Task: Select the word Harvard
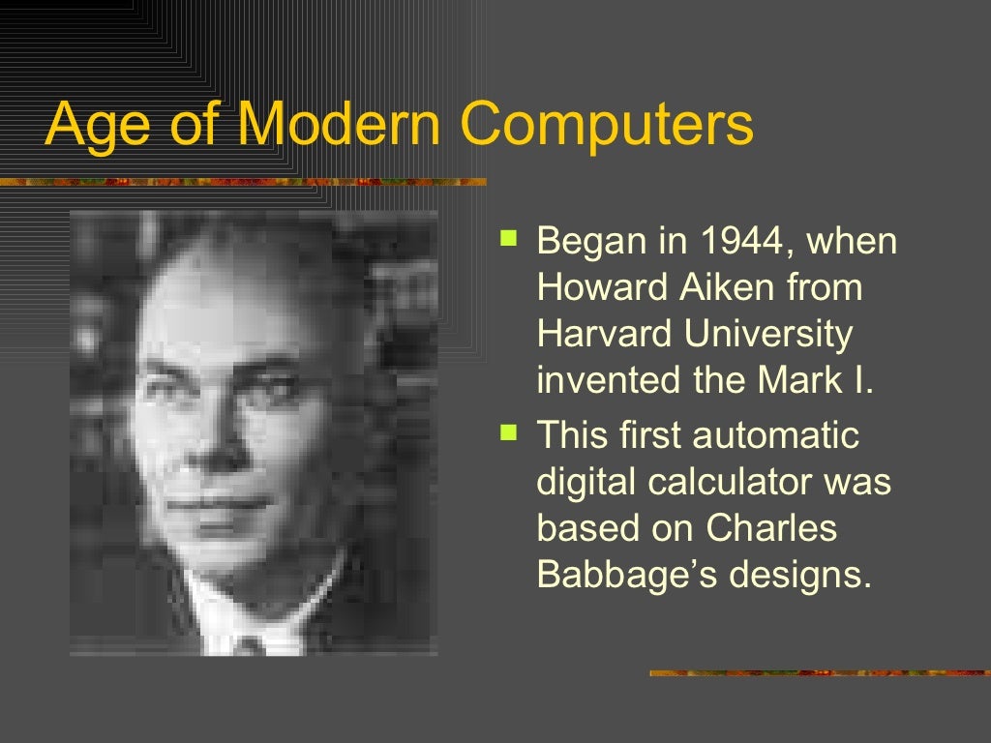click(604, 334)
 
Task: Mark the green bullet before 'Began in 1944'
click(509, 236)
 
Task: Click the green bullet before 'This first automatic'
click(509, 430)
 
